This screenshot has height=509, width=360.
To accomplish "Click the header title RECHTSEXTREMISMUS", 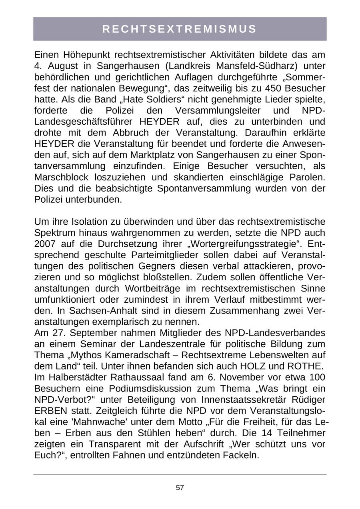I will click(x=180, y=29).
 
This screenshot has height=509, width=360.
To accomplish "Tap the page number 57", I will click(x=180, y=487).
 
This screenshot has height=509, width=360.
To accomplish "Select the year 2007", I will click(x=45, y=244).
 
